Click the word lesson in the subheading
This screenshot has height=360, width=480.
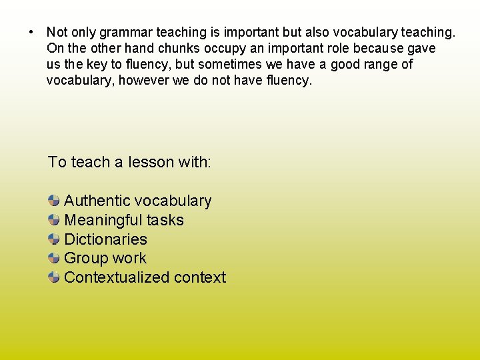tap(151, 162)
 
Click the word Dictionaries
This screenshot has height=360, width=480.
tap(105, 239)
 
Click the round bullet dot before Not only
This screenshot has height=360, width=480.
tap(31, 32)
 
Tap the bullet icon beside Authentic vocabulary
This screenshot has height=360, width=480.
tap(54, 200)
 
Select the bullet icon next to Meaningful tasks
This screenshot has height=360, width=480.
tap(54, 219)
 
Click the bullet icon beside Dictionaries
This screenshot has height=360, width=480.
tap(54, 239)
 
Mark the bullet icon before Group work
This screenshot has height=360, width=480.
tap(54, 258)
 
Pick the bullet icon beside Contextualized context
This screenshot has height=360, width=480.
tap(54, 277)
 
